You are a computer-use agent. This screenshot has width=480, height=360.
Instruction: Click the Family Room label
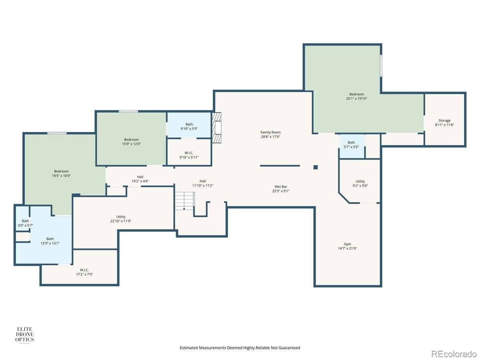coord(270,132)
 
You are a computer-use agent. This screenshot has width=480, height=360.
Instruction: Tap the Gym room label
coord(347,244)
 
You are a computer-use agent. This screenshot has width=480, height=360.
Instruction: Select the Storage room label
coord(444,120)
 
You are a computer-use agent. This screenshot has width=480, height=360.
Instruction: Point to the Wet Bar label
coord(280,187)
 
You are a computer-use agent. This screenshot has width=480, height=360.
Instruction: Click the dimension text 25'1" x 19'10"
coord(356,98)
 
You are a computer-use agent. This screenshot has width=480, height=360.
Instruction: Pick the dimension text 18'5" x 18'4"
coord(61,176)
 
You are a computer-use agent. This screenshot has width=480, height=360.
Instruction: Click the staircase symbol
coord(184,201)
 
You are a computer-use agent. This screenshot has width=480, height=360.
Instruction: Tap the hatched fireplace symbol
coord(216,128)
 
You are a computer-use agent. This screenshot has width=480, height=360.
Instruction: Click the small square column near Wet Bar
coord(315,167)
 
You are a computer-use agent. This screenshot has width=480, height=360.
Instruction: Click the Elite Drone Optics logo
coord(24,334)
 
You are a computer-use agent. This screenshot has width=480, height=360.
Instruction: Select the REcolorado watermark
coord(454,354)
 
